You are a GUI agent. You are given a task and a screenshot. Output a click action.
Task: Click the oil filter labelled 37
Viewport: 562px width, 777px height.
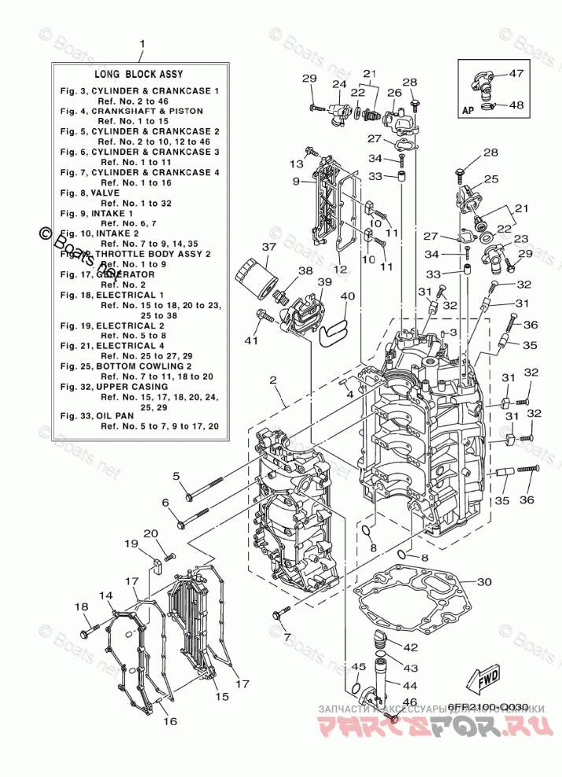(x=257, y=280)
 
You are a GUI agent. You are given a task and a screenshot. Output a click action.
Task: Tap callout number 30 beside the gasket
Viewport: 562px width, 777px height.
(x=484, y=582)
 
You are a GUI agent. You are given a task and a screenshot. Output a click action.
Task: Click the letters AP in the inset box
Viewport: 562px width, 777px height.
(x=466, y=112)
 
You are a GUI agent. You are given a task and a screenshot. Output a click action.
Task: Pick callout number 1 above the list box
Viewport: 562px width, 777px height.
(x=142, y=43)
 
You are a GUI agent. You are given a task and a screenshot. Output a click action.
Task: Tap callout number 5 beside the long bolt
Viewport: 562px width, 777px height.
(x=176, y=476)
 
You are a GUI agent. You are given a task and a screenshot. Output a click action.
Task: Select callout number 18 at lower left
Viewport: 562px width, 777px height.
(x=82, y=606)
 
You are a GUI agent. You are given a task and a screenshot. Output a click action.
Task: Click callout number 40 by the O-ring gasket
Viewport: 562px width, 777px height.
(x=348, y=296)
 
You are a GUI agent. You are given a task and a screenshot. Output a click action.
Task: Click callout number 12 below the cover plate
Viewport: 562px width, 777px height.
(x=339, y=269)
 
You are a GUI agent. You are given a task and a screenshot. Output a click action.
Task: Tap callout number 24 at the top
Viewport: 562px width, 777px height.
(x=339, y=84)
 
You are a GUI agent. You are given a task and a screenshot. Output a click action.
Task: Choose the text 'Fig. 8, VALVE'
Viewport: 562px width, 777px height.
(x=91, y=193)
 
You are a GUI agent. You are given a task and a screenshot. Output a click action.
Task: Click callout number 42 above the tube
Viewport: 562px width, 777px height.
(x=410, y=647)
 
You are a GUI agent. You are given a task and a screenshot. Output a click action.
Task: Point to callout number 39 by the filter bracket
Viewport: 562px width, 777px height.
(x=324, y=282)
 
